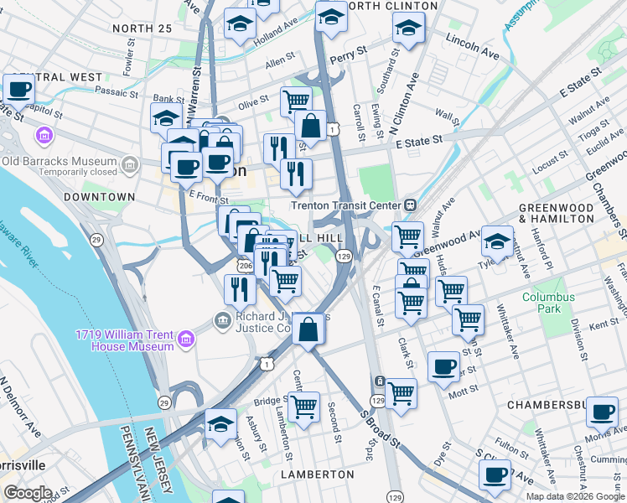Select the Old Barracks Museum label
pos(59,161)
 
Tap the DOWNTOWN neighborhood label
pos(99,197)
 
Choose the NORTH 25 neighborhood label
pos(141,29)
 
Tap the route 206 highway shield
pos(244,266)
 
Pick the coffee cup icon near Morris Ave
pos(602,412)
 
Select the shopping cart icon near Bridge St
pos(303,407)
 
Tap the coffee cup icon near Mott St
pos(443,366)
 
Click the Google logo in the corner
pos(28,493)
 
